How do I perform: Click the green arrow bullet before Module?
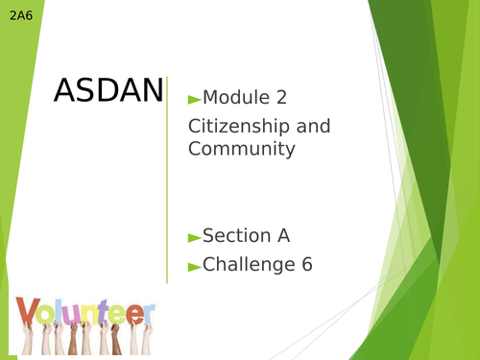194,98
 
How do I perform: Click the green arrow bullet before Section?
194,237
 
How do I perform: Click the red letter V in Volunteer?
28,311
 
